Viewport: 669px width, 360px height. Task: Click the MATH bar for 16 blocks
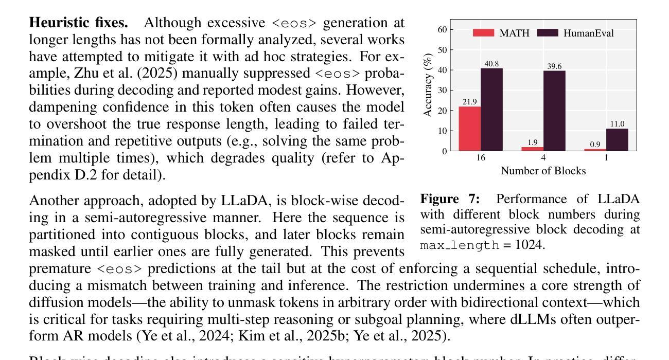tap(470, 129)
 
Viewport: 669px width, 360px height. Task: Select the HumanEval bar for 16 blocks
tap(491, 110)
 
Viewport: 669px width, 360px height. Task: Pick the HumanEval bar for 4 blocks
tap(554, 111)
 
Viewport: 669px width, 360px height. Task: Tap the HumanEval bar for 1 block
tap(617, 139)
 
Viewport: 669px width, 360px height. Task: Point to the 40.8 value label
tap(491, 64)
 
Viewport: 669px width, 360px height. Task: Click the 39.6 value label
tap(554, 66)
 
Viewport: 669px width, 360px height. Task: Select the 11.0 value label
tap(617, 124)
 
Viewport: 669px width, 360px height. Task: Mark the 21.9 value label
tap(470, 102)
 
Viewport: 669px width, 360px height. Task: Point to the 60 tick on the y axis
tap(443, 30)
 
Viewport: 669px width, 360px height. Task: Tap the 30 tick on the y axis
tap(443, 91)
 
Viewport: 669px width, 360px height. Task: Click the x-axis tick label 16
tap(481, 158)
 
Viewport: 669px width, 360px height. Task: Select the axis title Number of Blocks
tap(543, 171)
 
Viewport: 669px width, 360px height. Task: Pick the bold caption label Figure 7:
tap(450, 199)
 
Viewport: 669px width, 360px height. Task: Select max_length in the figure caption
tap(460, 245)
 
